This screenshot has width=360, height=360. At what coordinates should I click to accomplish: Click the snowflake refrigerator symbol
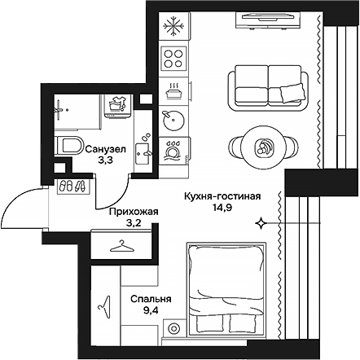tap(173, 27)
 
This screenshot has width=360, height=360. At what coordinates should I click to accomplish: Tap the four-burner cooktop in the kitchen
tap(173, 57)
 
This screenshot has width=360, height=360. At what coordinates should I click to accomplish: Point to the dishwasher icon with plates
tap(173, 150)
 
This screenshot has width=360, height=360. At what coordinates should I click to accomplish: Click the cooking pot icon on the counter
tap(173, 88)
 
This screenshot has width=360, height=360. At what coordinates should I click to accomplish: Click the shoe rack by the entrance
tap(72, 187)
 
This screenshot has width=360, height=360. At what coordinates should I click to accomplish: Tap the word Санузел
tap(104, 150)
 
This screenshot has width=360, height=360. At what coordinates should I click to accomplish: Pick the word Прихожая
tap(132, 212)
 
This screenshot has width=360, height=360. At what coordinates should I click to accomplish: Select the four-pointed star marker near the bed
tap(260, 222)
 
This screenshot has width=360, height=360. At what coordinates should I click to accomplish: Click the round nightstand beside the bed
tap(173, 330)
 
